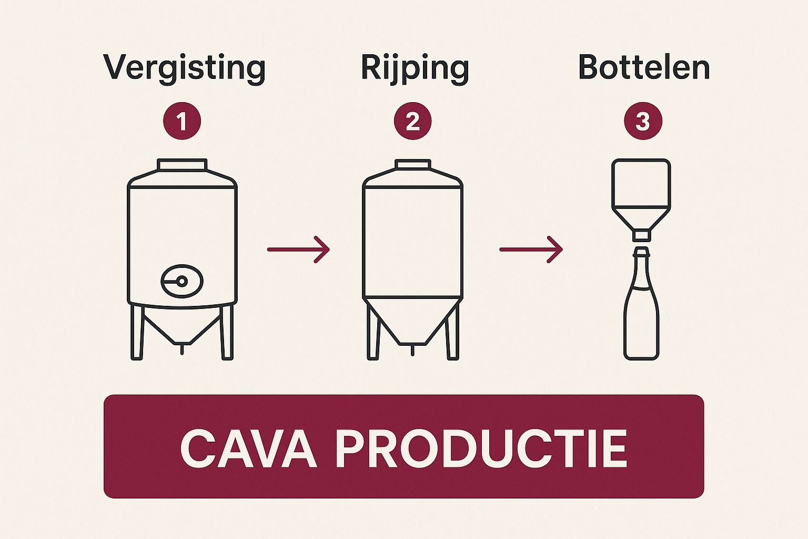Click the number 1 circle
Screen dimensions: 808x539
tap(182, 122)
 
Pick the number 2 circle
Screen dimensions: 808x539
tap(413, 122)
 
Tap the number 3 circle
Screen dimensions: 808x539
tap(643, 122)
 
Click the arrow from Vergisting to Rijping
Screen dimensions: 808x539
tap(298, 249)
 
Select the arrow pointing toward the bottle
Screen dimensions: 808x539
tap(531, 249)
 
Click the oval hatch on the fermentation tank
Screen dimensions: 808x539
tap(181, 281)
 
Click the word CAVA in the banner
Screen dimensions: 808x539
tap(248, 448)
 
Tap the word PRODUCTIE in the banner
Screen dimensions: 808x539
tap(481, 448)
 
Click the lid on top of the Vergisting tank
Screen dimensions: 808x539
tap(182, 164)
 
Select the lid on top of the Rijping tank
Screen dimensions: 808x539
tap(413, 164)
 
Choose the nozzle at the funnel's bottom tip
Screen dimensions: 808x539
tap(641, 235)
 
